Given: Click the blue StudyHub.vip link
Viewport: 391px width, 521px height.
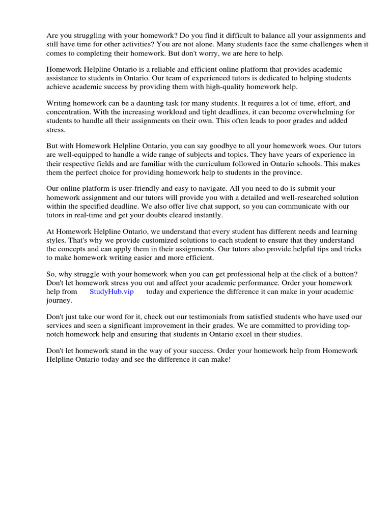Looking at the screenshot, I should (111, 292).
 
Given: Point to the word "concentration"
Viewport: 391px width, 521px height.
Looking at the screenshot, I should (70, 112).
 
